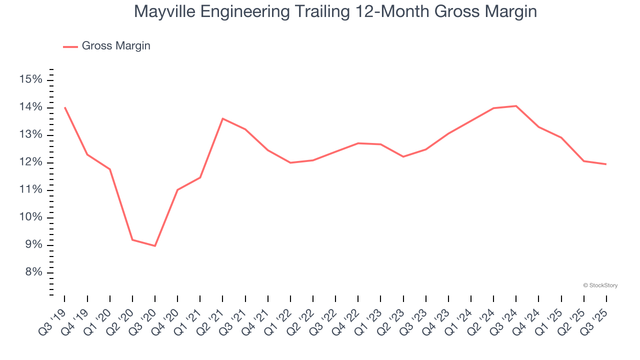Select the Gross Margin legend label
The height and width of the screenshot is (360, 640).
tap(116, 46)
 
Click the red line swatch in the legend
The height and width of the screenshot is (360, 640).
tap(70, 46)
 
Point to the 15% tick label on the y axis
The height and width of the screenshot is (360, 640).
tap(31, 80)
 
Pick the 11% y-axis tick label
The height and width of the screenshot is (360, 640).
tap(31, 190)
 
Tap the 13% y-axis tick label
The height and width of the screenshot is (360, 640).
tap(31, 135)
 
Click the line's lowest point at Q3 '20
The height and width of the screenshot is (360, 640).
tap(155, 246)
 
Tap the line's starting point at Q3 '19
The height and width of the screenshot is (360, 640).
tap(65, 107)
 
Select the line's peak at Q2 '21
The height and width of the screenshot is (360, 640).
tap(222, 118)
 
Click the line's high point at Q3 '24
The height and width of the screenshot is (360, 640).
tap(516, 106)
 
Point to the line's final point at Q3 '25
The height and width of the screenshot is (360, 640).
tap(606, 164)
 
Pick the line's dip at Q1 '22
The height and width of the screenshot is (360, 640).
tap(290, 162)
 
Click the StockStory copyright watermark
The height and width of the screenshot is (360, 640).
tap(600, 285)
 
